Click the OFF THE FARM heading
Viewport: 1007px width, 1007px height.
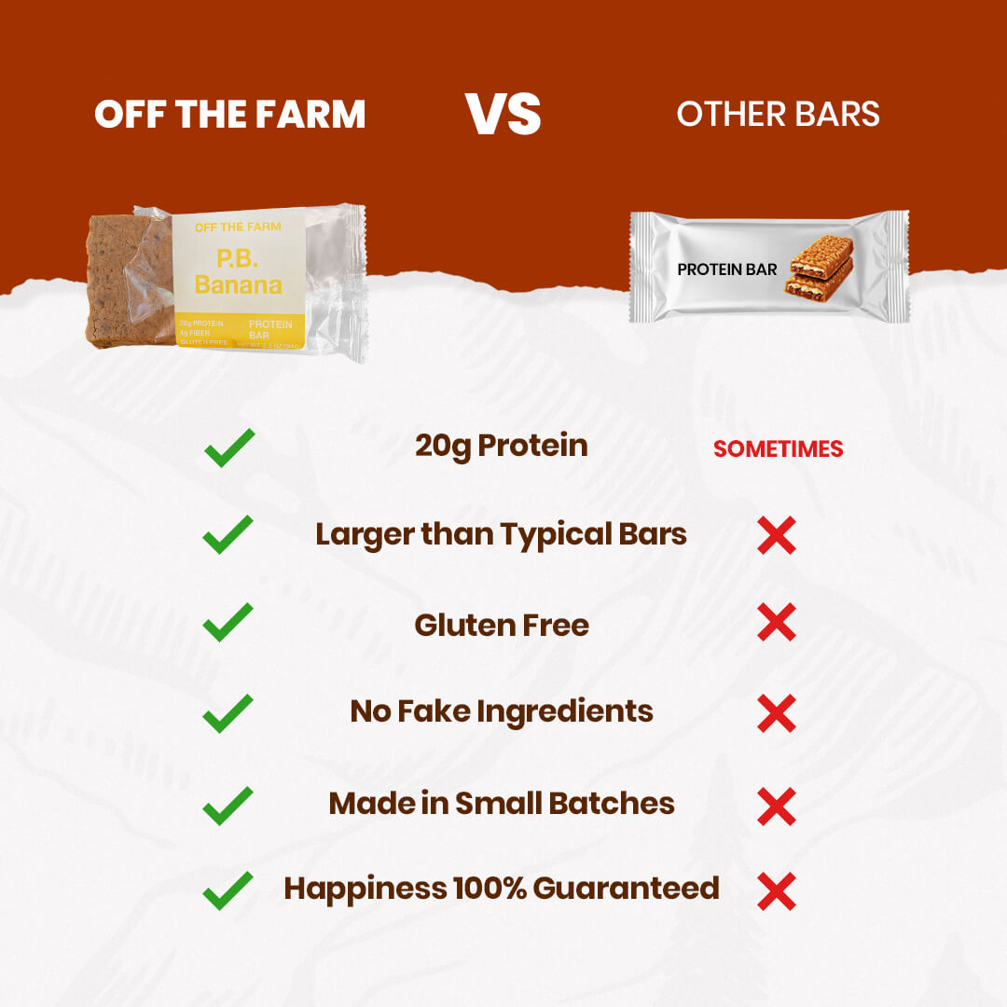[x=229, y=115]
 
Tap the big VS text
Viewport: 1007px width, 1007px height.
[x=504, y=114]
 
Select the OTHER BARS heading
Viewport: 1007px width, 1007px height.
[x=778, y=115]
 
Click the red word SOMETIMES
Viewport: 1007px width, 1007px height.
[x=778, y=448]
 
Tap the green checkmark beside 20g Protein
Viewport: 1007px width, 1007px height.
[x=228, y=448]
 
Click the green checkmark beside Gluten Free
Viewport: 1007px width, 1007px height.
[x=228, y=622]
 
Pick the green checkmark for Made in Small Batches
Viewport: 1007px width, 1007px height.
[x=228, y=805]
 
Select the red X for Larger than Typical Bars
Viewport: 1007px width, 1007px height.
[x=777, y=536]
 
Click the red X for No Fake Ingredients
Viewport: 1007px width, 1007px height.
[x=777, y=713]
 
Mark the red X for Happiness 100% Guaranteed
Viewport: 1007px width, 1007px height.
[x=777, y=891]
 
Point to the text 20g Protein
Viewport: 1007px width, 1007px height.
[x=502, y=446]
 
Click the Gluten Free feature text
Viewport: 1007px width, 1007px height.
[x=502, y=625]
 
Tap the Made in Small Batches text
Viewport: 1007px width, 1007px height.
[x=502, y=804]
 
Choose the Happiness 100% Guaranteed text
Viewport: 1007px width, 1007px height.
[x=502, y=889]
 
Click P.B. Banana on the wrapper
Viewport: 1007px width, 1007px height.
[x=238, y=270]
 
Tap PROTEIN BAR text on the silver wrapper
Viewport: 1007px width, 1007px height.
[x=727, y=269]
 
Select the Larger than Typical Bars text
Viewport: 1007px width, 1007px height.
[x=502, y=535]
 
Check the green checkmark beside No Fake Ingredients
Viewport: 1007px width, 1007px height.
[x=228, y=713]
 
